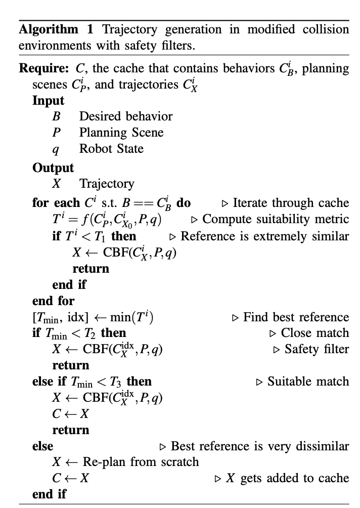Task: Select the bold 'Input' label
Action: pyautogui.click(x=49, y=100)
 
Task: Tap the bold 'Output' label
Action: pyautogui.click(x=53, y=167)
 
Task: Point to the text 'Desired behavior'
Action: pyautogui.click(x=126, y=116)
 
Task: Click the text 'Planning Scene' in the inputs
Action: pyautogui.click(x=121, y=133)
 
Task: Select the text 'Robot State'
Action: pyautogui.click(x=111, y=149)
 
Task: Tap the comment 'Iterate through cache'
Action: pyautogui.click(x=291, y=203)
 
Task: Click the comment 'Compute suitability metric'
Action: pyautogui.click(x=276, y=220)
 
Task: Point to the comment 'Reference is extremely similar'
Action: pyautogui.click(x=264, y=236)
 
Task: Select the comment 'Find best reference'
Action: pyautogui.click(x=296, y=317)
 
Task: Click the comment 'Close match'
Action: pyautogui.click(x=314, y=333)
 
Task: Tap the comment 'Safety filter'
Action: pyautogui.click(x=317, y=349)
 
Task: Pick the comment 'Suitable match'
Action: pyautogui.click(x=308, y=382)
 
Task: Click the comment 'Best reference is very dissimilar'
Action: pyautogui.click(x=260, y=446)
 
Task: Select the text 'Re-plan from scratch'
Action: pyautogui.click(x=141, y=462)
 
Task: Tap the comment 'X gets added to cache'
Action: pyautogui.click(x=287, y=478)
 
